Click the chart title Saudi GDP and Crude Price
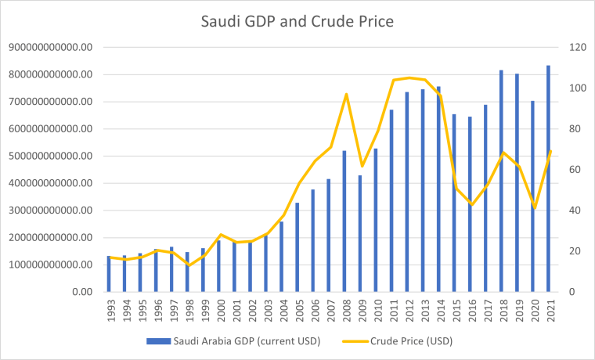(x=297, y=20)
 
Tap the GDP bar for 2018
(x=500, y=181)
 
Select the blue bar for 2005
(x=297, y=247)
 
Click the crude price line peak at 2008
(x=346, y=94)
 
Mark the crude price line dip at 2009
(x=362, y=166)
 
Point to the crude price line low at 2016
(x=471, y=204)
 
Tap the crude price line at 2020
(x=534, y=207)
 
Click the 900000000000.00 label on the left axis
(x=50, y=47)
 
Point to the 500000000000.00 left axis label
(x=50, y=156)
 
